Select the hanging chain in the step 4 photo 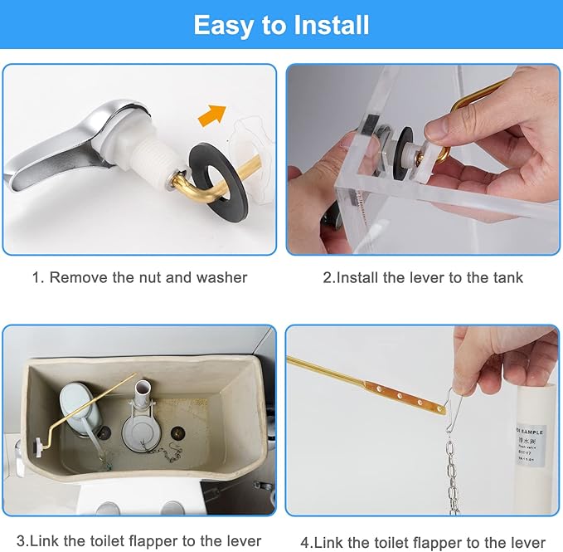click(x=453, y=473)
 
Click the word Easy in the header click(x=222, y=25)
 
